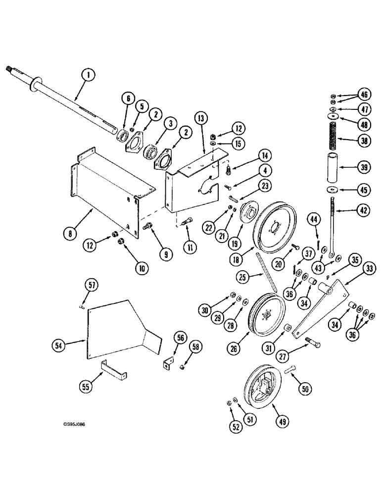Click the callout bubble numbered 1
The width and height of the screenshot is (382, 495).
click(88, 76)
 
